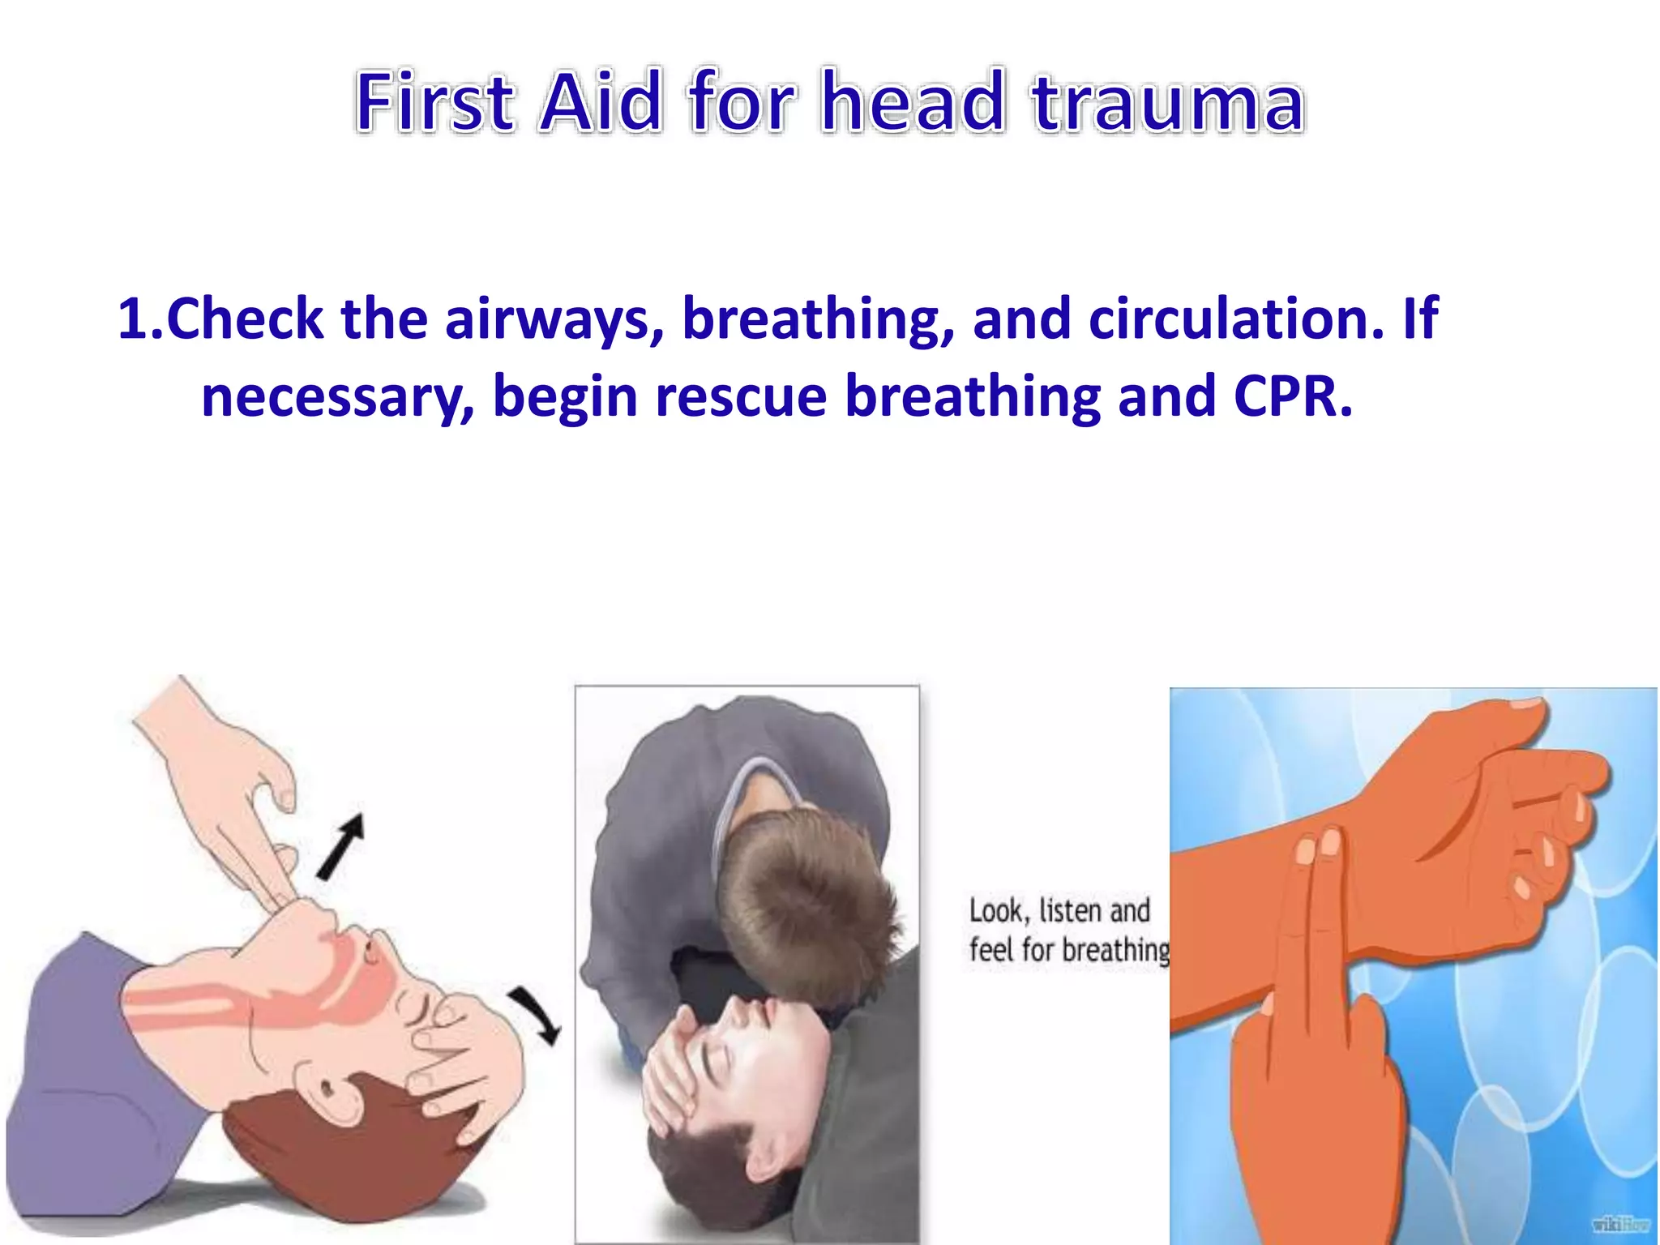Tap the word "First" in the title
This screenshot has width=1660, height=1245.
pyautogui.click(x=434, y=103)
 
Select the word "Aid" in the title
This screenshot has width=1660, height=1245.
pyautogui.click(x=601, y=103)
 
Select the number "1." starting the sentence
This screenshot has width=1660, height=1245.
pyautogui.click(x=140, y=319)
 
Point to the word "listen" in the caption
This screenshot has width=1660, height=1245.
pyautogui.click(x=1069, y=911)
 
